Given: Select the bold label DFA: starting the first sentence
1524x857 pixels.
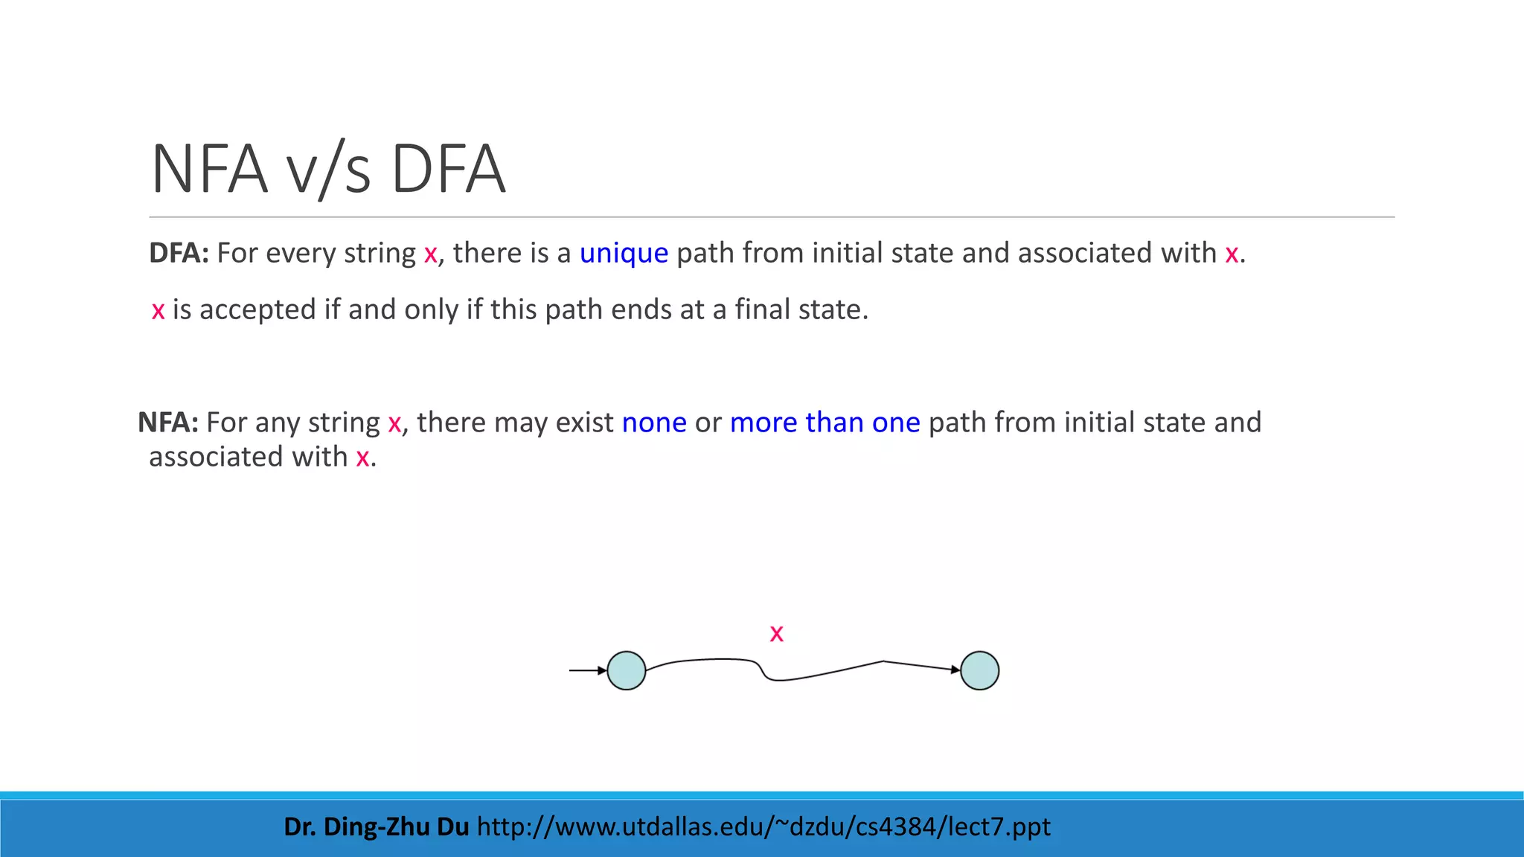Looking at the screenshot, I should (x=179, y=254).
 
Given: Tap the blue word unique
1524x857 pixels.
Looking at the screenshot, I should (x=624, y=254).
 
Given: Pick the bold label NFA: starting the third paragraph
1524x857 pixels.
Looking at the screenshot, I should (x=168, y=423).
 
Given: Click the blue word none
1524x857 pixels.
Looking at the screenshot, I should (x=654, y=423).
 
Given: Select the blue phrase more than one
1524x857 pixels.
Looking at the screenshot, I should (x=825, y=423).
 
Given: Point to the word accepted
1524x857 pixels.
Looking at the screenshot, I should (x=257, y=309).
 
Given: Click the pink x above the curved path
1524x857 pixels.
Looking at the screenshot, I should (x=776, y=634).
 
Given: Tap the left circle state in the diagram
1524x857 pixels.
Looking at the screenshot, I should (x=627, y=671).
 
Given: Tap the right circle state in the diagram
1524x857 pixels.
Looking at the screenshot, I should (x=979, y=671).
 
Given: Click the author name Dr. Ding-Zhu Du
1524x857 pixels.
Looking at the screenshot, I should (x=376, y=826).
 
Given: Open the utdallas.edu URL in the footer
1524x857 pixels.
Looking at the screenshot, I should (x=763, y=826).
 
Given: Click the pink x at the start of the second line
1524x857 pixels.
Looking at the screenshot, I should (x=158, y=310).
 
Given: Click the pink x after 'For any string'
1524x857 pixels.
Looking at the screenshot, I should (x=394, y=423).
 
